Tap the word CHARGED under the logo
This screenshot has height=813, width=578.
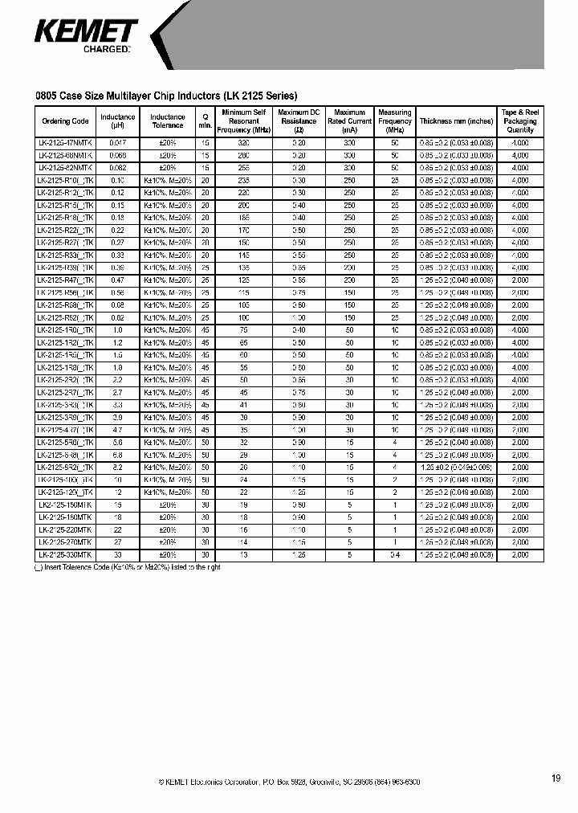(106, 50)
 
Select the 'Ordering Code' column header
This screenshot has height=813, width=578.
(64, 121)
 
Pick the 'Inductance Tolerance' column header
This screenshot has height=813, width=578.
(167, 121)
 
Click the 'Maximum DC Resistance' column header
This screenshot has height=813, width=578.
(299, 121)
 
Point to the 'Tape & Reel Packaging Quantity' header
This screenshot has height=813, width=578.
(520, 121)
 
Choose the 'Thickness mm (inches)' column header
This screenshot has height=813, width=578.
(456, 121)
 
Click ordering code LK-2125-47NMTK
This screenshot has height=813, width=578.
(65, 143)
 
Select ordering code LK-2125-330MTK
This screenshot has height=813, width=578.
(65, 555)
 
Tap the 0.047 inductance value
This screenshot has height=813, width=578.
(117, 143)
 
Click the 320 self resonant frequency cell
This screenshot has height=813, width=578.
(244, 143)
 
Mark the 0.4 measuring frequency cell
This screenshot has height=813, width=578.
(394, 555)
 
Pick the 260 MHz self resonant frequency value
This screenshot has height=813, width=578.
(244, 155)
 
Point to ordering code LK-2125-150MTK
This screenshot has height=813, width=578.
(65, 505)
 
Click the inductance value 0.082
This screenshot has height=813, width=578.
(117, 168)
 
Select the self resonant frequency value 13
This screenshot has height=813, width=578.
(244, 555)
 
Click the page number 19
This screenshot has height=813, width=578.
(556, 778)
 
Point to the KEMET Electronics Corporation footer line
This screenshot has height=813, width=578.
(289, 782)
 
